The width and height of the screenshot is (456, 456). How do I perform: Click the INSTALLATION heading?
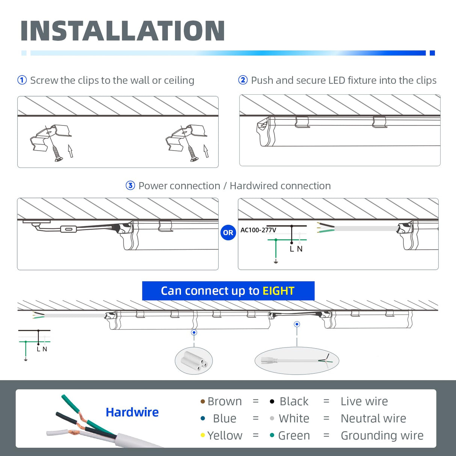(x=122, y=31)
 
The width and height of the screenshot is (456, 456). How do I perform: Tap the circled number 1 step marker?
(x=22, y=80)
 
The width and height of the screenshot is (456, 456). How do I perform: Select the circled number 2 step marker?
(x=243, y=80)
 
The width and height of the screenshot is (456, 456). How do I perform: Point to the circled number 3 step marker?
(x=130, y=186)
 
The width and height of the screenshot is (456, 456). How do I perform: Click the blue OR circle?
(x=228, y=233)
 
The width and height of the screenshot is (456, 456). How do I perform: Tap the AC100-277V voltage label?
(x=258, y=230)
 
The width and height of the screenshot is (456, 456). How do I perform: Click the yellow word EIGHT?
(x=278, y=291)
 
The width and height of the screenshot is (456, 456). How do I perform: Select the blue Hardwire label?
(x=132, y=412)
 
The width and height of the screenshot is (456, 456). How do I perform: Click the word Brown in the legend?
(x=225, y=401)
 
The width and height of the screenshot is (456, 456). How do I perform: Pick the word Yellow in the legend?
(x=225, y=435)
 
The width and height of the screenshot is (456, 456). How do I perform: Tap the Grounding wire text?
(x=382, y=435)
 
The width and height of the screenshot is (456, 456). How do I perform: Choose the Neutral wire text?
(x=373, y=418)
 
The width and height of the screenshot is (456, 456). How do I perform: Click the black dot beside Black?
(x=272, y=402)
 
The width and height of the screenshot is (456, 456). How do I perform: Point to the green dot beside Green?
(x=272, y=435)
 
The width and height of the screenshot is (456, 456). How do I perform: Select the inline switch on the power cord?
(x=68, y=229)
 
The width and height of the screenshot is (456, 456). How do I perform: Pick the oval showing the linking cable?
(x=297, y=361)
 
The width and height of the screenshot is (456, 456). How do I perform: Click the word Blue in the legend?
(x=225, y=418)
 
